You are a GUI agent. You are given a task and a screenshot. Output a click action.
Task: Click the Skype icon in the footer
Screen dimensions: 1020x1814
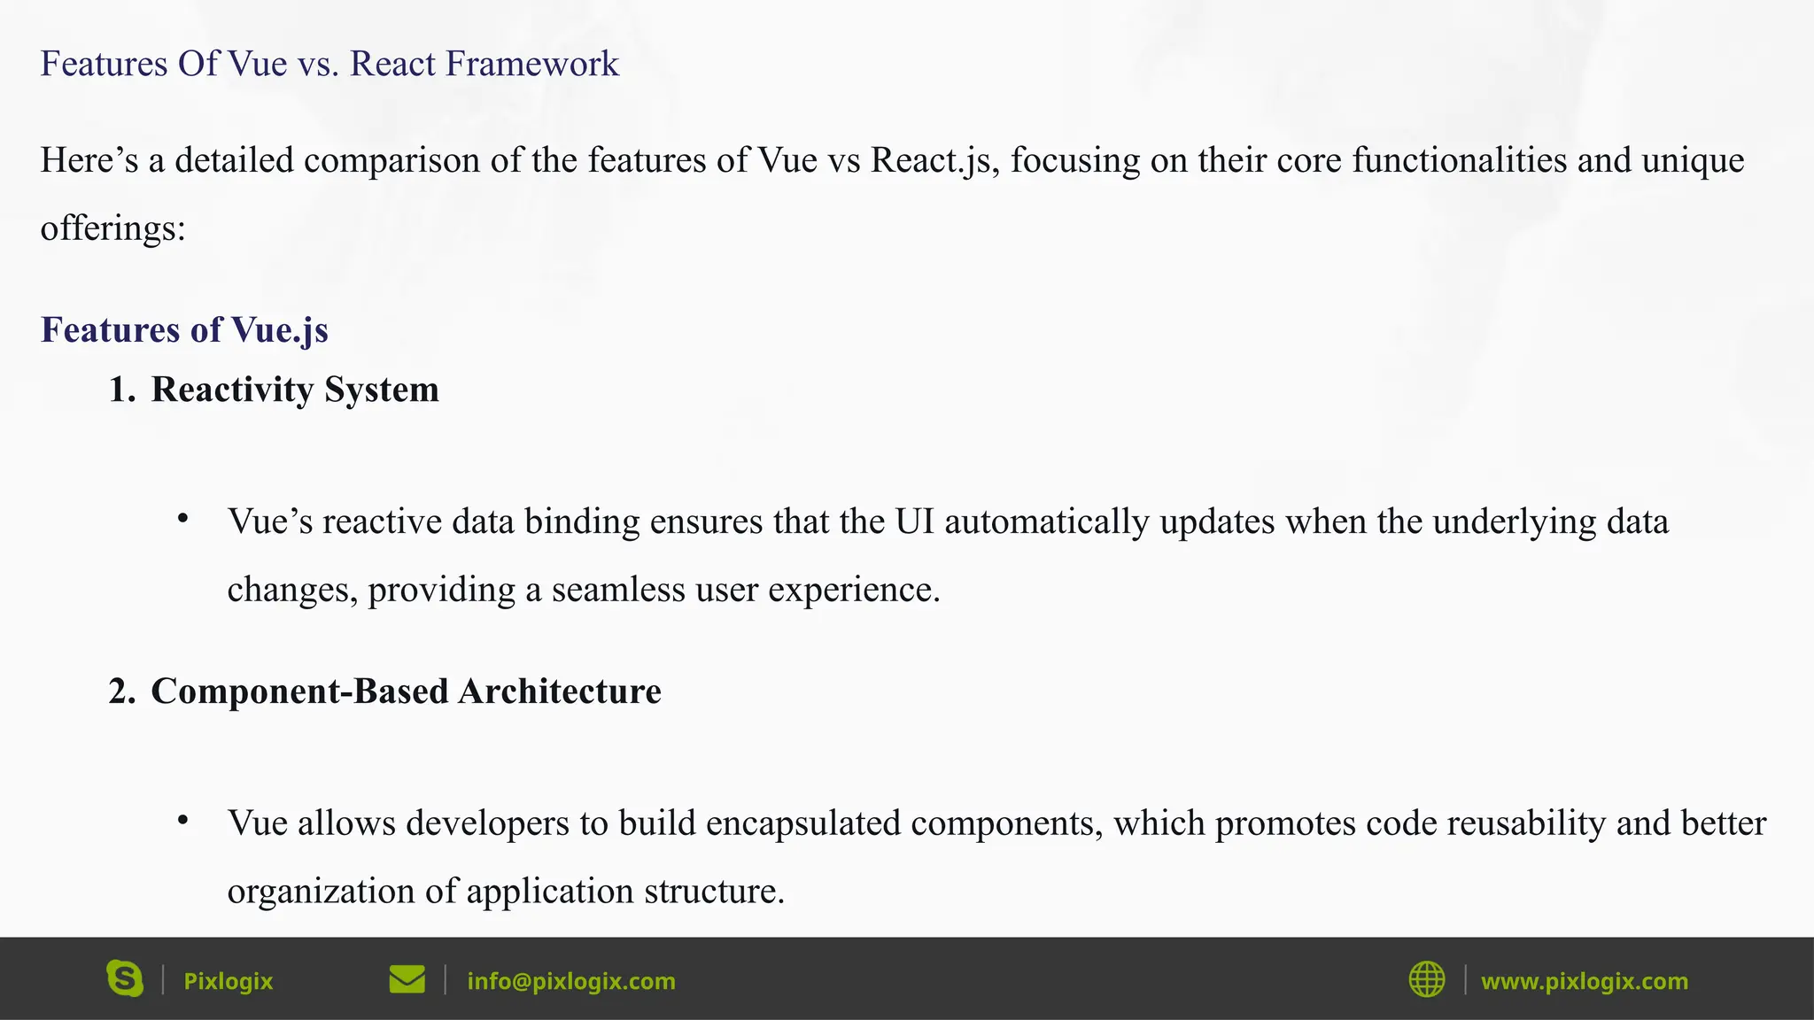point(125,978)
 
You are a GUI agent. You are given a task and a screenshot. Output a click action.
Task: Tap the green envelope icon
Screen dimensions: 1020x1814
point(407,979)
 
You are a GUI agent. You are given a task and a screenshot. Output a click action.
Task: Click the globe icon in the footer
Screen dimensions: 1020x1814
point(1426,979)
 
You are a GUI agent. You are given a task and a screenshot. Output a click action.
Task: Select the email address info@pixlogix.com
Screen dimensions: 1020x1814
point(571,981)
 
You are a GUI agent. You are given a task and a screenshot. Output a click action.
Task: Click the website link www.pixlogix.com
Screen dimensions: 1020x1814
point(1584,981)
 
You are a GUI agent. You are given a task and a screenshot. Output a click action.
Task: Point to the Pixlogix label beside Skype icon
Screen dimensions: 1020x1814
point(228,981)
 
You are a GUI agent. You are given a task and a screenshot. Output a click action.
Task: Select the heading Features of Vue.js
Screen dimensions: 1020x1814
point(184,329)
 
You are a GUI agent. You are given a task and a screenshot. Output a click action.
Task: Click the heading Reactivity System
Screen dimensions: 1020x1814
point(295,390)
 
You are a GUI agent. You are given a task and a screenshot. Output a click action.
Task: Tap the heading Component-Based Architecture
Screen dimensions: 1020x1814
point(406,692)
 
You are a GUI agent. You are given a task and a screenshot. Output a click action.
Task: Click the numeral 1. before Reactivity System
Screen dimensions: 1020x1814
point(121,390)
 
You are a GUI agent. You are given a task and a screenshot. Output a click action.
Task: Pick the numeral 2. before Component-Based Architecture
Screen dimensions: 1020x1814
point(121,692)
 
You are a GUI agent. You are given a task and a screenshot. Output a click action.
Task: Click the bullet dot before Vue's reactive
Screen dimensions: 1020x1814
point(182,519)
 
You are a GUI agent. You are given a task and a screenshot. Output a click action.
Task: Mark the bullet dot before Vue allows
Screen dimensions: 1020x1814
point(182,821)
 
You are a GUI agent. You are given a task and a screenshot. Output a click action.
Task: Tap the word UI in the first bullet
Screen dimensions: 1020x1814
point(914,522)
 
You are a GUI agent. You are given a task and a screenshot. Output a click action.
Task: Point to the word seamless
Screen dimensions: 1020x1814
point(618,590)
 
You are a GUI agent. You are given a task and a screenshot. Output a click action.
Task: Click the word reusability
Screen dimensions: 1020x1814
point(1525,823)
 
